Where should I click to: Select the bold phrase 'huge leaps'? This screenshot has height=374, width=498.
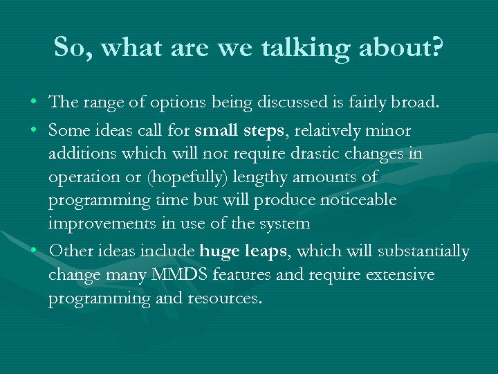point(243,251)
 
